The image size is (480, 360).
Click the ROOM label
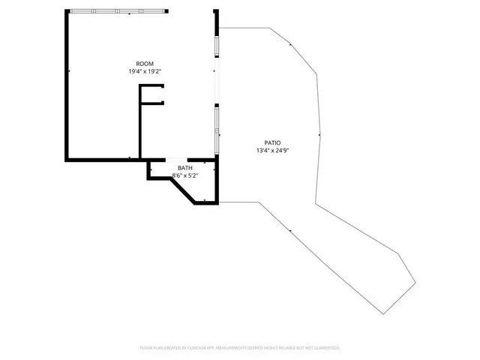coord(144,63)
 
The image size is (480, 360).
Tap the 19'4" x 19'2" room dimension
coord(144,71)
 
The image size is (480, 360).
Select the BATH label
coord(184,167)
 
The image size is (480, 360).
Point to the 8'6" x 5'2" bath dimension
coord(184,175)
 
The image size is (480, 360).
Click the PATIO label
coord(272,142)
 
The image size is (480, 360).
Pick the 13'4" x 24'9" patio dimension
coord(272,150)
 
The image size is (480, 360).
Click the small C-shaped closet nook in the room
coord(152,94)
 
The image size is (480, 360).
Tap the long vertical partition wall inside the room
coord(140,124)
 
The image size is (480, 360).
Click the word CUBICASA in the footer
coord(202,348)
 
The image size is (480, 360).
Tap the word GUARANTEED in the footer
coord(325,348)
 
